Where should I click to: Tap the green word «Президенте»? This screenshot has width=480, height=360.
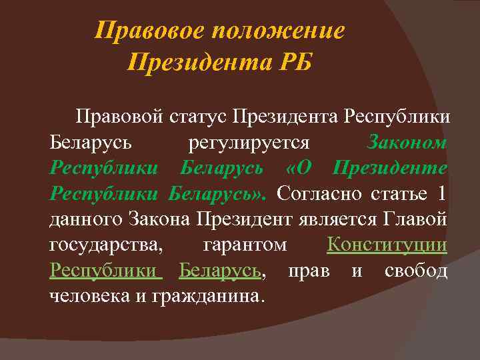tap(389, 168)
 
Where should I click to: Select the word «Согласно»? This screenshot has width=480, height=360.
tap(319, 193)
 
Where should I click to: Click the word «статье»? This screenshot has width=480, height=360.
tap(396, 193)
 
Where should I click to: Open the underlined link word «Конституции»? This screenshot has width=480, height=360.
tap(387, 245)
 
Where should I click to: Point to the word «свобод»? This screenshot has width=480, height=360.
tap(416, 270)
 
